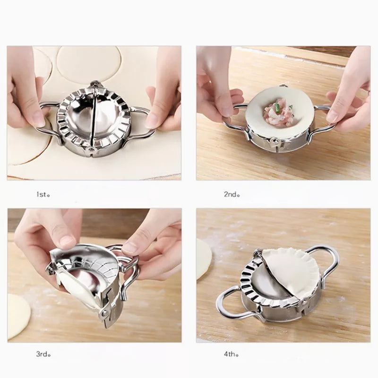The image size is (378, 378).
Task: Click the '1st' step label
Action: coord(43,194)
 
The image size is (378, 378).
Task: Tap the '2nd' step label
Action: coord(232,194)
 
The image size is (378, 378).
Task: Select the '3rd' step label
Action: coord(43,354)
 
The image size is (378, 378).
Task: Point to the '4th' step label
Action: coord(232,354)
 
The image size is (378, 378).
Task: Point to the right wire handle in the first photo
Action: coord(141,120)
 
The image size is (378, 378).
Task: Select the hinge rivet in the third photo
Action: coord(105,313)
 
